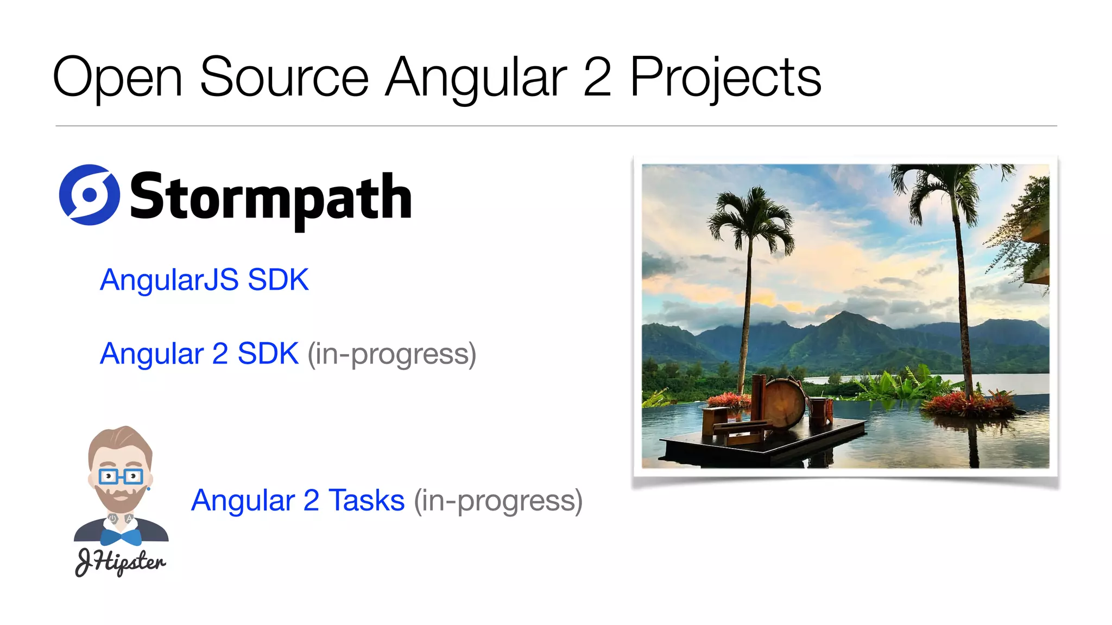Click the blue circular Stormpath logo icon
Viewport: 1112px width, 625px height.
point(89,195)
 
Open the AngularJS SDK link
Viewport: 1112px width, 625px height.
point(204,280)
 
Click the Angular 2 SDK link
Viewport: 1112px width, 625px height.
point(199,354)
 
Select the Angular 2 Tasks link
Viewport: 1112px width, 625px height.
point(298,500)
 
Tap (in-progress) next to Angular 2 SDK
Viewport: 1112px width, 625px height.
point(391,354)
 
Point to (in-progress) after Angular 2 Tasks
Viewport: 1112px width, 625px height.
point(498,500)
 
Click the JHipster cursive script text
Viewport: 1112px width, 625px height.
point(120,562)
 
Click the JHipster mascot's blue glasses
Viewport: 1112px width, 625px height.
point(121,477)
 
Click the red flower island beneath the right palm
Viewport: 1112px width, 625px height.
point(970,404)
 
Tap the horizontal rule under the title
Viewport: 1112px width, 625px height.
point(556,126)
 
